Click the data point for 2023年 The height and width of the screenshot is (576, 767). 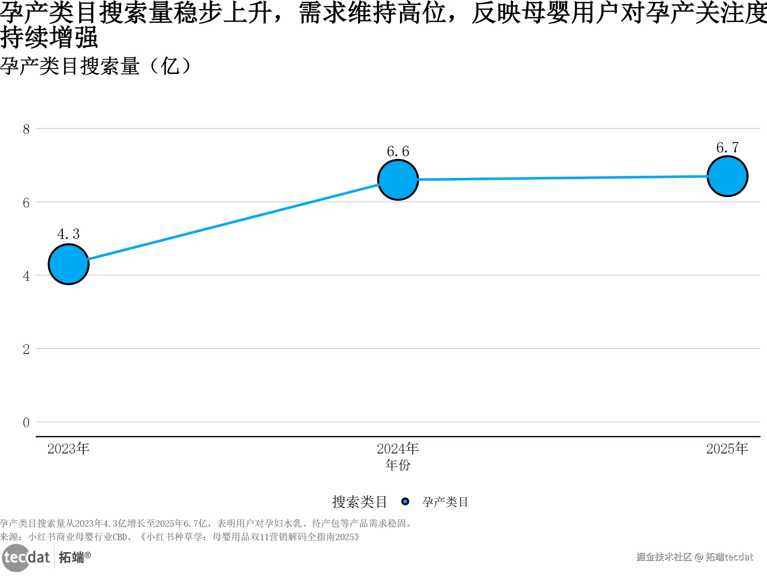(x=69, y=264)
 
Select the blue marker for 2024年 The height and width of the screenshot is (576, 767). (x=398, y=180)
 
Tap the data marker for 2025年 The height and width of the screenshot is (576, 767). (x=727, y=176)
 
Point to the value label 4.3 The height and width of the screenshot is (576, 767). (x=68, y=234)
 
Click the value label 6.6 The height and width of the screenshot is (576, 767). (x=398, y=151)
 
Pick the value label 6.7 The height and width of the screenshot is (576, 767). (x=727, y=148)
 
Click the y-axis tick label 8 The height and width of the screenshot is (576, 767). (x=26, y=129)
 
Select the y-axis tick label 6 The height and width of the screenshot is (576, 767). (x=26, y=203)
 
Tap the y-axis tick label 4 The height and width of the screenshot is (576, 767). (x=26, y=276)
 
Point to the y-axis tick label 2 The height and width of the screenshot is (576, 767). (x=26, y=349)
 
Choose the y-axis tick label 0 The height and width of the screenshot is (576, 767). (x=26, y=423)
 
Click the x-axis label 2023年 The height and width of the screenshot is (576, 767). (x=68, y=449)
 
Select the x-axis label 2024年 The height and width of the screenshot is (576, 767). (x=398, y=449)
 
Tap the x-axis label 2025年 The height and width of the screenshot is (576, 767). (x=727, y=449)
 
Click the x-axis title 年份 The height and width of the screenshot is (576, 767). (x=398, y=465)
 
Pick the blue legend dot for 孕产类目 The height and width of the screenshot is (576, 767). (x=405, y=502)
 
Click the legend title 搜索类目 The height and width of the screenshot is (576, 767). (x=360, y=502)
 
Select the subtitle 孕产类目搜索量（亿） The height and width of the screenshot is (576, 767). (x=95, y=66)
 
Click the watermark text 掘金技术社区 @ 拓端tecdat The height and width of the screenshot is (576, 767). (x=694, y=557)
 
